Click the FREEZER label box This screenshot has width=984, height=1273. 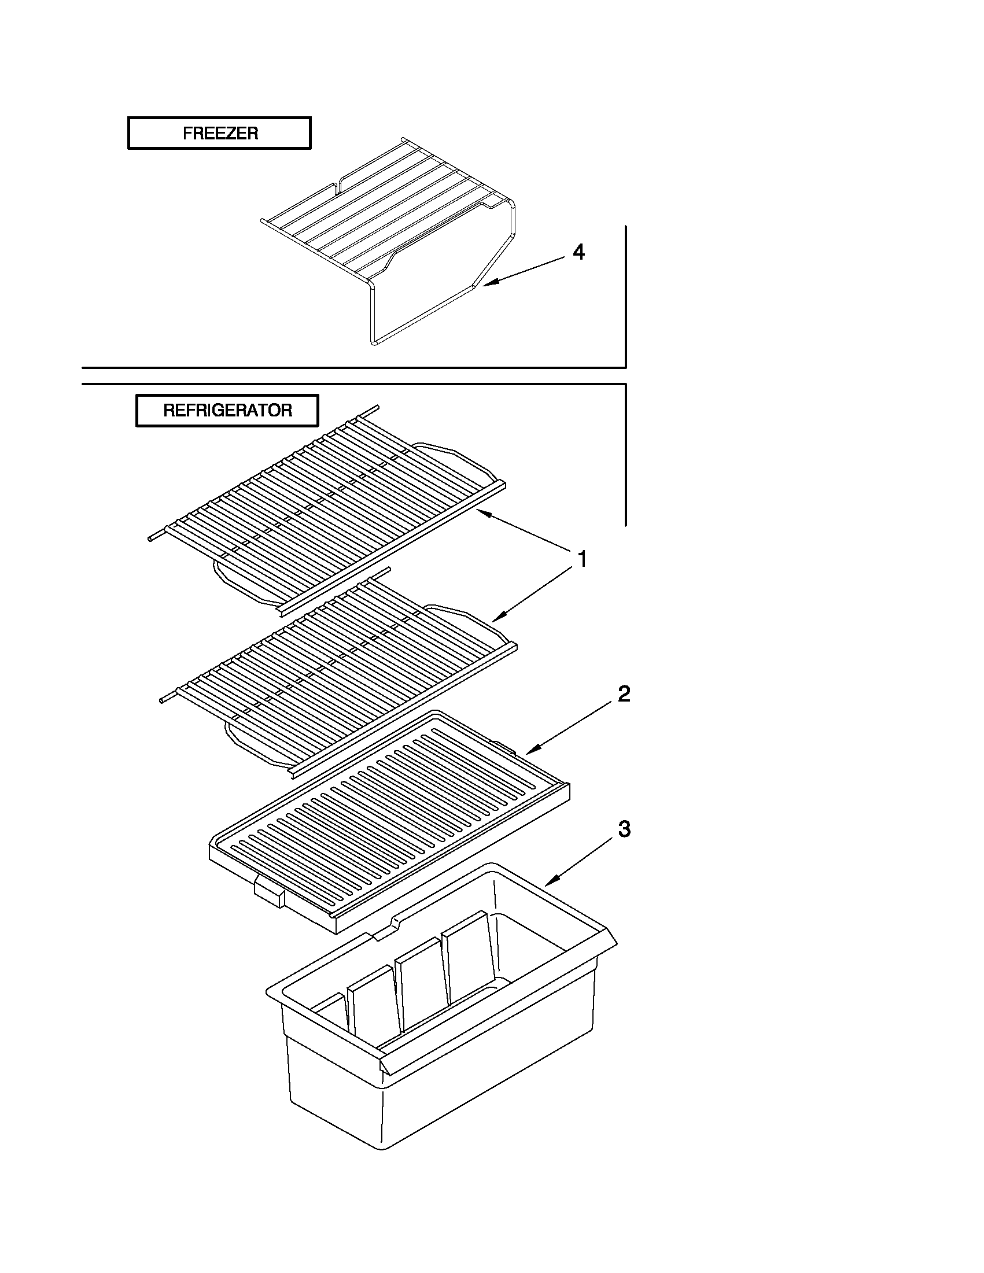point(219,134)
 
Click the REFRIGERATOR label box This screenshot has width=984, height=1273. point(227,410)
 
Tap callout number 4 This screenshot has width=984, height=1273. point(578,252)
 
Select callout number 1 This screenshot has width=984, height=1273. point(581,559)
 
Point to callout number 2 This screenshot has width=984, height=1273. point(624,693)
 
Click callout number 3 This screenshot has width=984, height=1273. point(624,828)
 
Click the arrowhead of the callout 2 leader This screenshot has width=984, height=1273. point(528,752)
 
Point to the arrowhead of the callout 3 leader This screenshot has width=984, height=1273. point(548,884)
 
